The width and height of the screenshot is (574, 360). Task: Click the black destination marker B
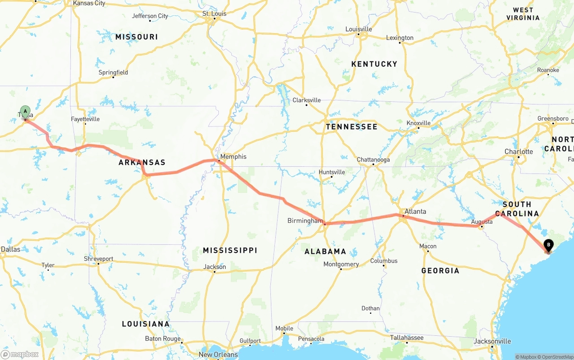(548, 245)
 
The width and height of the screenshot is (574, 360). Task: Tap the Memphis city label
(233, 156)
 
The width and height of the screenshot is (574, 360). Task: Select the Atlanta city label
(415, 211)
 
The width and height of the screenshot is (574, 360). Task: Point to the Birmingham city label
(305, 221)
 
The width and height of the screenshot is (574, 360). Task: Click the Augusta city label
(482, 221)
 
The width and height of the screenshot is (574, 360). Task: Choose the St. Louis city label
(214, 13)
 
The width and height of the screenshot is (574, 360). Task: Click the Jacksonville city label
(492, 341)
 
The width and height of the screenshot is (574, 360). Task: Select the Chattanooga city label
(373, 160)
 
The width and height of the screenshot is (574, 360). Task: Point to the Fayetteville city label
(85, 119)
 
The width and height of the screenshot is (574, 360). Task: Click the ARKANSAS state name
(142, 162)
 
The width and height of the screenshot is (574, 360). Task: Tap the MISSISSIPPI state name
(230, 250)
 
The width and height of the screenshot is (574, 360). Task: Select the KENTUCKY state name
(374, 64)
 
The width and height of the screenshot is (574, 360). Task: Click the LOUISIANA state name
(146, 324)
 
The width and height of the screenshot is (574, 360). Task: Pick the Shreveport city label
(99, 259)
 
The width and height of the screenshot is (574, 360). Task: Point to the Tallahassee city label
(407, 338)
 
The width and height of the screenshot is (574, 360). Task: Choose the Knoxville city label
(418, 123)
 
